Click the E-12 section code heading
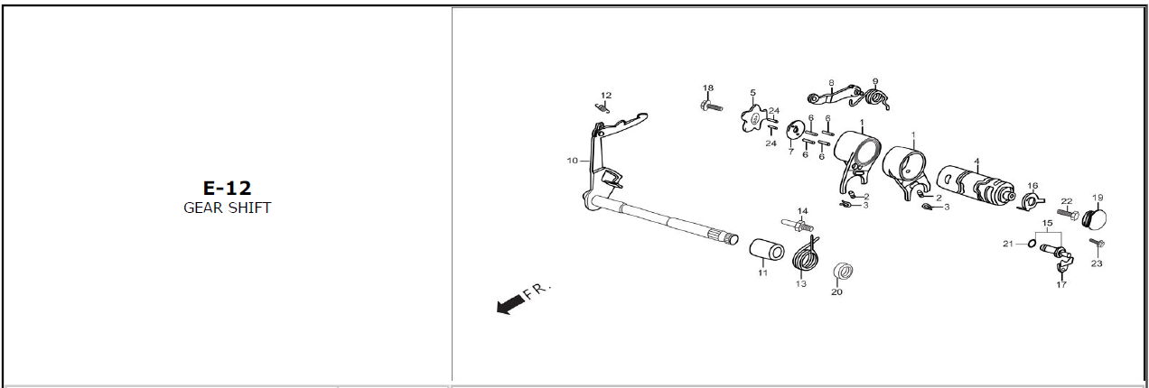[228, 188]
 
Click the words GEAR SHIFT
[228, 208]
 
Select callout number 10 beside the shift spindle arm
[573, 161]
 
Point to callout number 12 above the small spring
[606, 96]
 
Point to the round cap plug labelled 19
[1094, 219]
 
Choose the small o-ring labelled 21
[1031, 244]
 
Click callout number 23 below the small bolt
[1097, 263]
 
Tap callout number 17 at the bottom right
[1061, 284]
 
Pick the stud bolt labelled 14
[797, 225]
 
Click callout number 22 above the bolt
[1067, 201]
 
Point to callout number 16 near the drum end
[1032, 186]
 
